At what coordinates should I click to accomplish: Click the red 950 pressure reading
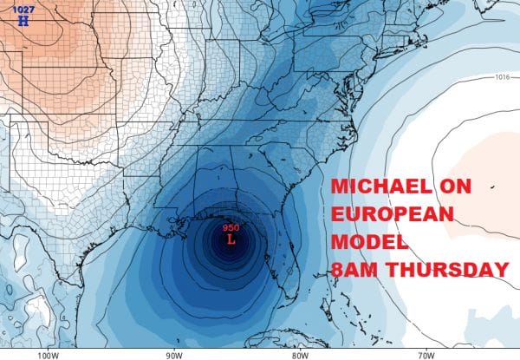(x=231, y=227)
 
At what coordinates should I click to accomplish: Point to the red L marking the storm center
(x=231, y=239)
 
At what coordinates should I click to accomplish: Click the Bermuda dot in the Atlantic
(x=491, y=187)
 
